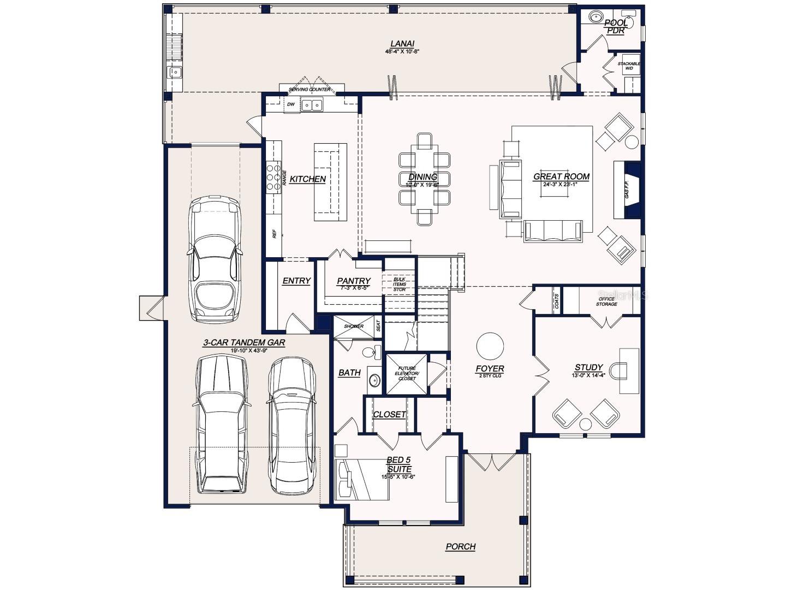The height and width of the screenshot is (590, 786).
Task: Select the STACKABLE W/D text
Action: pyautogui.click(x=629, y=66)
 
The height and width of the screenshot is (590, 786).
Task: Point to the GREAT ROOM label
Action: pyautogui.click(x=561, y=176)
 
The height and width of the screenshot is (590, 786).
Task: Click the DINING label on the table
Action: pyautogui.click(x=422, y=177)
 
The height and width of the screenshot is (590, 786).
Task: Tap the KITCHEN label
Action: pyautogui.click(x=307, y=179)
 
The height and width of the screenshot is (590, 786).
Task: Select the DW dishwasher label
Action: pyautogui.click(x=291, y=104)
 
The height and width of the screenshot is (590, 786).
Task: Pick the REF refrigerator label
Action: pyautogui.click(x=275, y=233)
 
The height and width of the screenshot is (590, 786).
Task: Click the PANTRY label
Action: pyautogui.click(x=354, y=281)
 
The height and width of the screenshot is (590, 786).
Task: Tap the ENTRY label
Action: pyautogui.click(x=296, y=281)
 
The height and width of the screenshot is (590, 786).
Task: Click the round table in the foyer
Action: pyautogui.click(x=490, y=346)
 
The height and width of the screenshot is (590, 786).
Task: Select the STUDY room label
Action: pyautogui.click(x=588, y=368)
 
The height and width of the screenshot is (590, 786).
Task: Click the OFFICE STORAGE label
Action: pyautogui.click(x=606, y=302)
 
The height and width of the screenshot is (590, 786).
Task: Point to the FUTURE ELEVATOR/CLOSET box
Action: pyautogui.click(x=407, y=374)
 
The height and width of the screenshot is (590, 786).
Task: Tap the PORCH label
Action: pyautogui.click(x=460, y=546)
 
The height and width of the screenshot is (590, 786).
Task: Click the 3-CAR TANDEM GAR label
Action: pyautogui.click(x=244, y=343)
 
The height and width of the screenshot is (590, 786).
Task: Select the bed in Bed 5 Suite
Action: pyautogui.click(x=361, y=479)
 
